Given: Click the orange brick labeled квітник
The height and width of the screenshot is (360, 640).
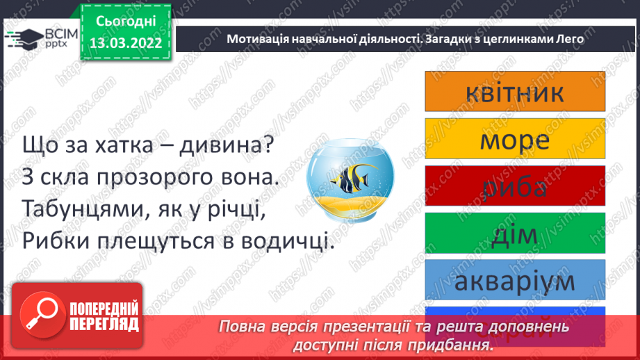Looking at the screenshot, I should (514, 92).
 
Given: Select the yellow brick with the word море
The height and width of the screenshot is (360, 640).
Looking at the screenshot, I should (514, 140).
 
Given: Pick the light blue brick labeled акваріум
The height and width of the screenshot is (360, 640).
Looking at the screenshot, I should (514, 281).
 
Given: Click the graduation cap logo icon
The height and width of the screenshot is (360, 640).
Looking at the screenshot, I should (22, 38).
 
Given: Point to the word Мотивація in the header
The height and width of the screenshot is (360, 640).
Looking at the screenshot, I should (255, 40).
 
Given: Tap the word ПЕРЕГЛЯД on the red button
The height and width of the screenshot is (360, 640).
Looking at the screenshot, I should (104, 325).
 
